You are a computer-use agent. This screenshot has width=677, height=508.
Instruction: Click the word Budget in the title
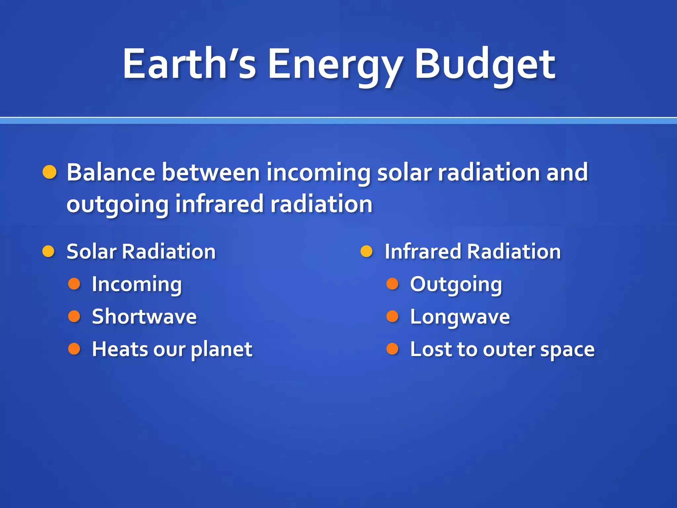point(485,64)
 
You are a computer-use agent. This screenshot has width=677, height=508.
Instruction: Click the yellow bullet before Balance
point(50,172)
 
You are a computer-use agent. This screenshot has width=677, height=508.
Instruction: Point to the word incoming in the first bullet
point(318,173)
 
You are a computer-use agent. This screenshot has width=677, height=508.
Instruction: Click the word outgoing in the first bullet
point(118,205)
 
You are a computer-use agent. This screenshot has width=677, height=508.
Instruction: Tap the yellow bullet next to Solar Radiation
point(49,251)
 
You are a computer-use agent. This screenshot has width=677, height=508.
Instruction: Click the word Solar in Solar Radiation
point(91,251)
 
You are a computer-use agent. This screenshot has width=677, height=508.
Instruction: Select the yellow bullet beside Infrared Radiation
point(367,251)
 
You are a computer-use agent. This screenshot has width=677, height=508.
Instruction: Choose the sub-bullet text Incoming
point(137,284)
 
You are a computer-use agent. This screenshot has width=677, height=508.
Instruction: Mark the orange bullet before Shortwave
point(74,316)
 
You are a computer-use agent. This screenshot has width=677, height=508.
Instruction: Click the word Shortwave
point(144,317)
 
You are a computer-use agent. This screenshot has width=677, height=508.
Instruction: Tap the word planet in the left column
point(221,350)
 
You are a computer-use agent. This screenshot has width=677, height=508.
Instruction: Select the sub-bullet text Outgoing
point(456,284)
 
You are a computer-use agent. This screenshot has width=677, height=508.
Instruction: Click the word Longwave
point(459,317)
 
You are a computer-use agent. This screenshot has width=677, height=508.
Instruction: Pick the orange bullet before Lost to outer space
point(392,349)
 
